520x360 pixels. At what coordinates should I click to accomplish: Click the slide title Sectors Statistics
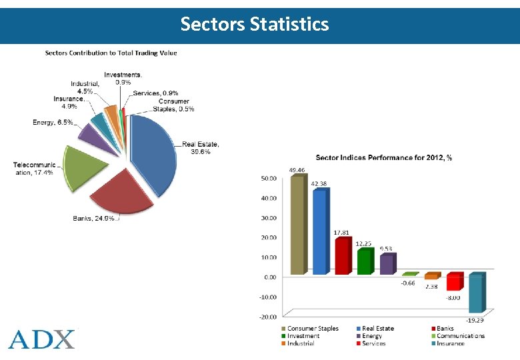[x=255, y=25]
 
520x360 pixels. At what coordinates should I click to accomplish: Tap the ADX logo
[x=42, y=339]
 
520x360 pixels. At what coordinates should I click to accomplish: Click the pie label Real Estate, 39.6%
[x=201, y=147]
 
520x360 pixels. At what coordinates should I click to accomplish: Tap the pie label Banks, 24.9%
[x=93, y=218]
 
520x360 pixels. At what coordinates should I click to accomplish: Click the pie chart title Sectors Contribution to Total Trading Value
[x=111, y=53]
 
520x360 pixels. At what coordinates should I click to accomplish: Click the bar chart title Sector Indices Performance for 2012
[x=383, y=158]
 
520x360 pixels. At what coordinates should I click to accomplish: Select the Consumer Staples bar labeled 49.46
[x=297, y=224]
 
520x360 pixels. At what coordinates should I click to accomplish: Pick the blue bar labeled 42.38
[x=320, y=231]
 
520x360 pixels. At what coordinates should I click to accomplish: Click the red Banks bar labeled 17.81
[x=341, y=256]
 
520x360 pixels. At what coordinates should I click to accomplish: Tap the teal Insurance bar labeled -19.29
[x=475, y=293]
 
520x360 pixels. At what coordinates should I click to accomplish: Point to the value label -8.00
[x=453, y=297]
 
